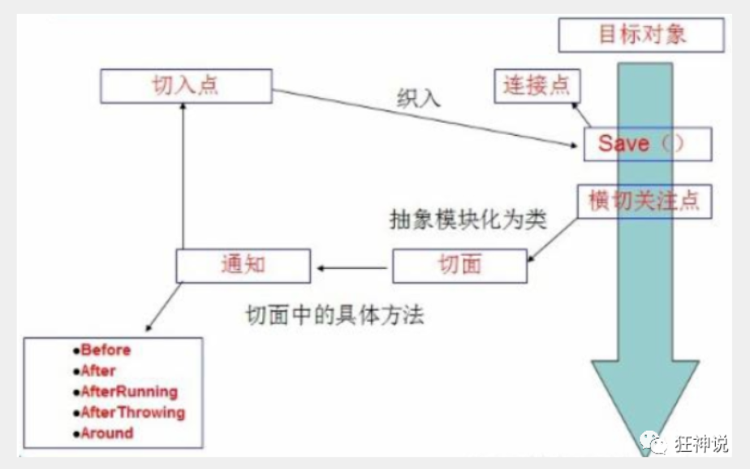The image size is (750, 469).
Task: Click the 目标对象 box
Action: [x=641, y=34]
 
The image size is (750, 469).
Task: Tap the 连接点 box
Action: [x=537, y=85]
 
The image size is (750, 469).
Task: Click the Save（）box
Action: [x=646, y=144]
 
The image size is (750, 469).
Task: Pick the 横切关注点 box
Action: [x=644, y=202]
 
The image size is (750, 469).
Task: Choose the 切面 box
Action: [x=460, y=265]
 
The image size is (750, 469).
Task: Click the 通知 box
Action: [x=243, y=265]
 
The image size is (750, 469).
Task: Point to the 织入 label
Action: [x=419, y=98]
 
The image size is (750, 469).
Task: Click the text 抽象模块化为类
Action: [x=468, y=220]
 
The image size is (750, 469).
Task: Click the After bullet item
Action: [x=98, y=371]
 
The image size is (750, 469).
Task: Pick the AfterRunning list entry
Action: [x=129, y=392]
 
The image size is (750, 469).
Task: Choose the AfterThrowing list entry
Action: [x=133, y=413]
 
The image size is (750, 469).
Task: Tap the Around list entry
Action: [x=106, y=433]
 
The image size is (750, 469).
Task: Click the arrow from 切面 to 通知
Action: [x=354, y=266]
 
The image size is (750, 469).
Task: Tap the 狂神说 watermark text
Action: [x=701, y=443]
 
